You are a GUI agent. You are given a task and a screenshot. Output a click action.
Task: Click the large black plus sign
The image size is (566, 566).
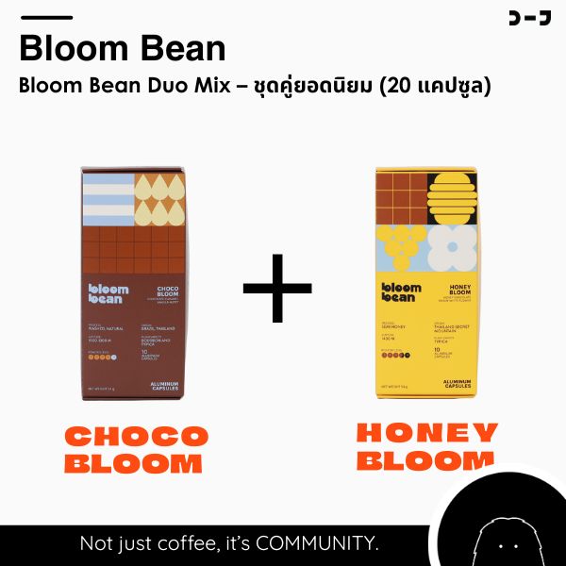pyautogui.click(x=276, y=287)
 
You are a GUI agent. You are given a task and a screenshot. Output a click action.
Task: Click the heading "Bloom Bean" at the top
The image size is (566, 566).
pyautogui.click(x=123, y=48)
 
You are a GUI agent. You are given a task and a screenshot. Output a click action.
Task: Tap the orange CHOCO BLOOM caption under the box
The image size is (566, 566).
pyautogui.click(x=136, y=449)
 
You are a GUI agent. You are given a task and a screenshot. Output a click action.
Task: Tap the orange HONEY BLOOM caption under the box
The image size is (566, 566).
pyautogui.click(x=427, y=447)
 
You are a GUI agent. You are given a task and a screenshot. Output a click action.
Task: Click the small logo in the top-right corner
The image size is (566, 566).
pyautogui.click(x=529, y=18)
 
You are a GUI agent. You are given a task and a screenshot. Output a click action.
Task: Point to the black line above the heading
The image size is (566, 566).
pyautogui.click(x=45, y=17)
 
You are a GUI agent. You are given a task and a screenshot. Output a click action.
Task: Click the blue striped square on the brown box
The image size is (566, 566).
pyautogui.click(x=108, y=199)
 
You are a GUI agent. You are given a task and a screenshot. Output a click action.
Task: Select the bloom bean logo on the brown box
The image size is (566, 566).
pyautogui.click(x=107, y=293)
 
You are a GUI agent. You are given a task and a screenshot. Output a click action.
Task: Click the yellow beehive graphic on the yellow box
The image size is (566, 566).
pyautogui.click(x=452, y=195)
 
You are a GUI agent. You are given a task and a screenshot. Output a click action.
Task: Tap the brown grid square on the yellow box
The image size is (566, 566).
pyautogui.click(x=401, y=195)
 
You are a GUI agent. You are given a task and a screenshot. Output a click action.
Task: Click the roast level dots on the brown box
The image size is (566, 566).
pyautogui.click(x=100, y=358)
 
